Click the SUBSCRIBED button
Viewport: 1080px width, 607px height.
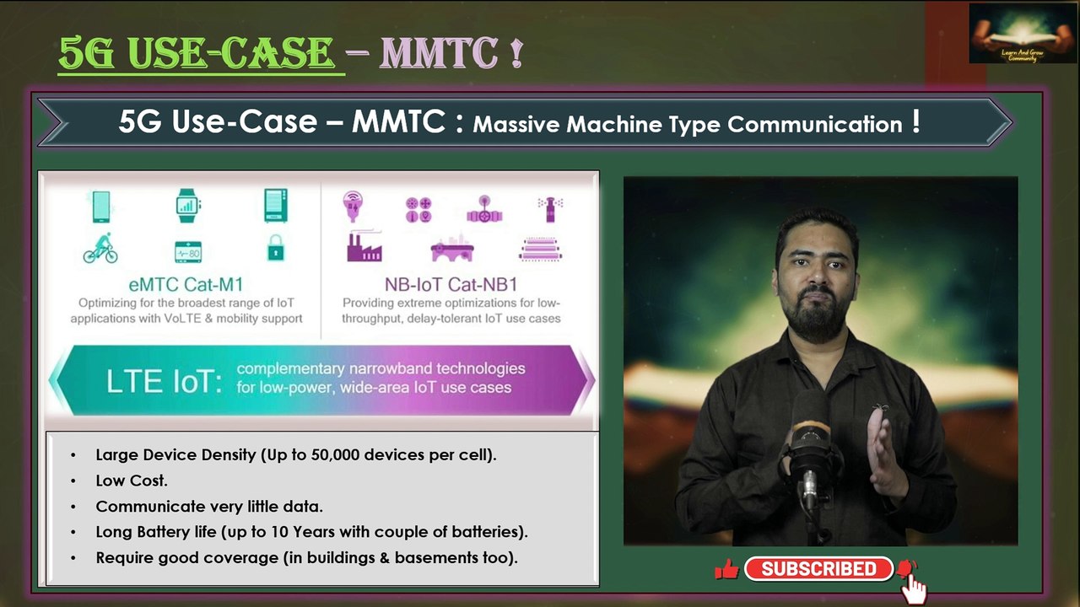click(818, 569)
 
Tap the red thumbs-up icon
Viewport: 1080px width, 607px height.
click(726, 570)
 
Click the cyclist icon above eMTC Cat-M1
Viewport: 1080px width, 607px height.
click(100, 250)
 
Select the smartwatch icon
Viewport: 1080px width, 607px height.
click(188, 205)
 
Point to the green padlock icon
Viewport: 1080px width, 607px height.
click(275, 248)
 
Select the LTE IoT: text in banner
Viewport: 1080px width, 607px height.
click(164, 381)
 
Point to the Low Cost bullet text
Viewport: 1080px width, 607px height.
click(132, 481)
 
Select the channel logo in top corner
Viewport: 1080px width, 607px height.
click(1022, 34)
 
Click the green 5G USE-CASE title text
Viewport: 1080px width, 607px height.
click(197, 54)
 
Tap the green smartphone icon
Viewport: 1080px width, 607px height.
click(101, 207)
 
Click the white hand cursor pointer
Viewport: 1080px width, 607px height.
click(914, 589)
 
